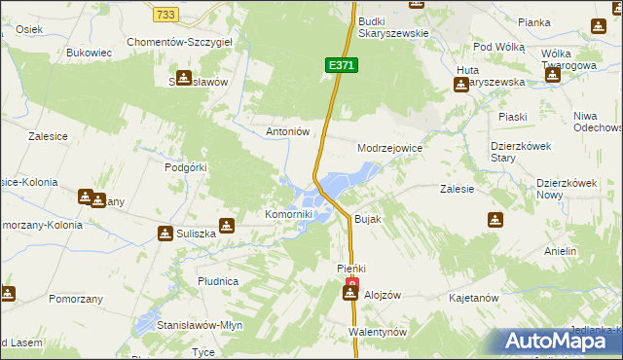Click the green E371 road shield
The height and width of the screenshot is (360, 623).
click(x=342, y=65)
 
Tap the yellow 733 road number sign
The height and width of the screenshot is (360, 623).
click(x=165, y=14)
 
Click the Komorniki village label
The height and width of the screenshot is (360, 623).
click(x=289, y=214)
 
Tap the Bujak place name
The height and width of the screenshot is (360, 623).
click(x=367, y=220)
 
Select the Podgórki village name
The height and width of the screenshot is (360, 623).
click(x=187, y=167)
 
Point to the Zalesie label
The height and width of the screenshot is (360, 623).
click(x=457, y=189)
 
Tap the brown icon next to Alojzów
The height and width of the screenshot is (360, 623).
click(x=350, y=295)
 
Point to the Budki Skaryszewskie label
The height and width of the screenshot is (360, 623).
click(x=393, y=26)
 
